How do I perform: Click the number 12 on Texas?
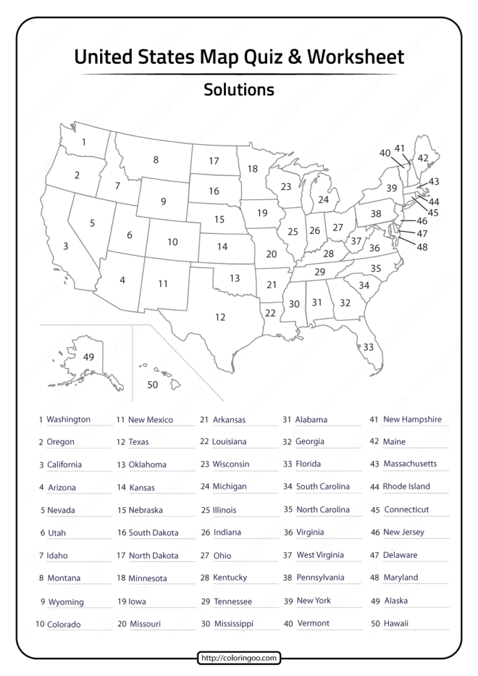click(220, 317)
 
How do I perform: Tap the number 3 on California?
click(66, 247)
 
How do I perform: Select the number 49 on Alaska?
click(88, 357)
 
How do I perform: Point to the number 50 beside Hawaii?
click(152, 385)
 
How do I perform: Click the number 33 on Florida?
click(368, 347)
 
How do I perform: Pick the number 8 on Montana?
click(156, 160)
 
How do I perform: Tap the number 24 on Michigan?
click(323, 200)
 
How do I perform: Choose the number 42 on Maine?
click(423, 158)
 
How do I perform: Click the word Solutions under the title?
click(239, 90)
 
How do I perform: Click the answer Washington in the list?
click(68, 420)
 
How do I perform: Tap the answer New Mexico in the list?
click(151, 420)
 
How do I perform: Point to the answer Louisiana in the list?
click(229, 442)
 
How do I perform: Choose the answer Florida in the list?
click(308, 464)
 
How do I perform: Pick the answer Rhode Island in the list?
click(406, 486)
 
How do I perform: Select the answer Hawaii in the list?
click(396, 623)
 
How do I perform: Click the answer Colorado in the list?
click(64, 624)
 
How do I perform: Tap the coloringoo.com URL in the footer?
click(240, 657)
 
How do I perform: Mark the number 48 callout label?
click(423, 247)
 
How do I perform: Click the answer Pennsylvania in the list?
click(320, 578)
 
